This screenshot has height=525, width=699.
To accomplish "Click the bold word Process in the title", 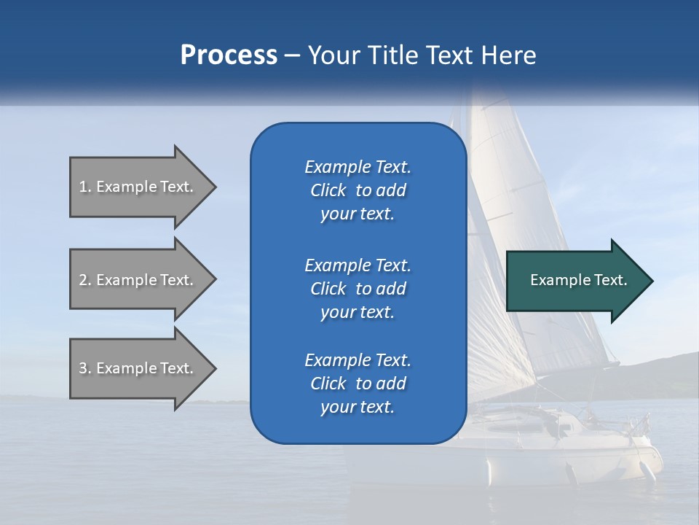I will (229, 55).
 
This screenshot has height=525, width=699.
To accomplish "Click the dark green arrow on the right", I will (575, 281).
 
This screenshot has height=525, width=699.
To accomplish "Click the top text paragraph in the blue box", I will (358, 190).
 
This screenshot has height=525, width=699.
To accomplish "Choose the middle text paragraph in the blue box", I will (358, 288).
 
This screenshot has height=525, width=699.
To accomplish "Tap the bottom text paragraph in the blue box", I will (358, 383).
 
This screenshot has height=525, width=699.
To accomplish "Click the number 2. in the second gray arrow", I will (85, 280).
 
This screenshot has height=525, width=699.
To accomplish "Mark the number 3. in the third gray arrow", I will (85, 368).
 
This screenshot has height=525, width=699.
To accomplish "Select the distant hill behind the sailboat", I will (670, 368).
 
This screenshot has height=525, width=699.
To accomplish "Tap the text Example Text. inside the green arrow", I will (579, 280).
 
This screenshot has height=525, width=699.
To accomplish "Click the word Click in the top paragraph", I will (328, 190).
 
